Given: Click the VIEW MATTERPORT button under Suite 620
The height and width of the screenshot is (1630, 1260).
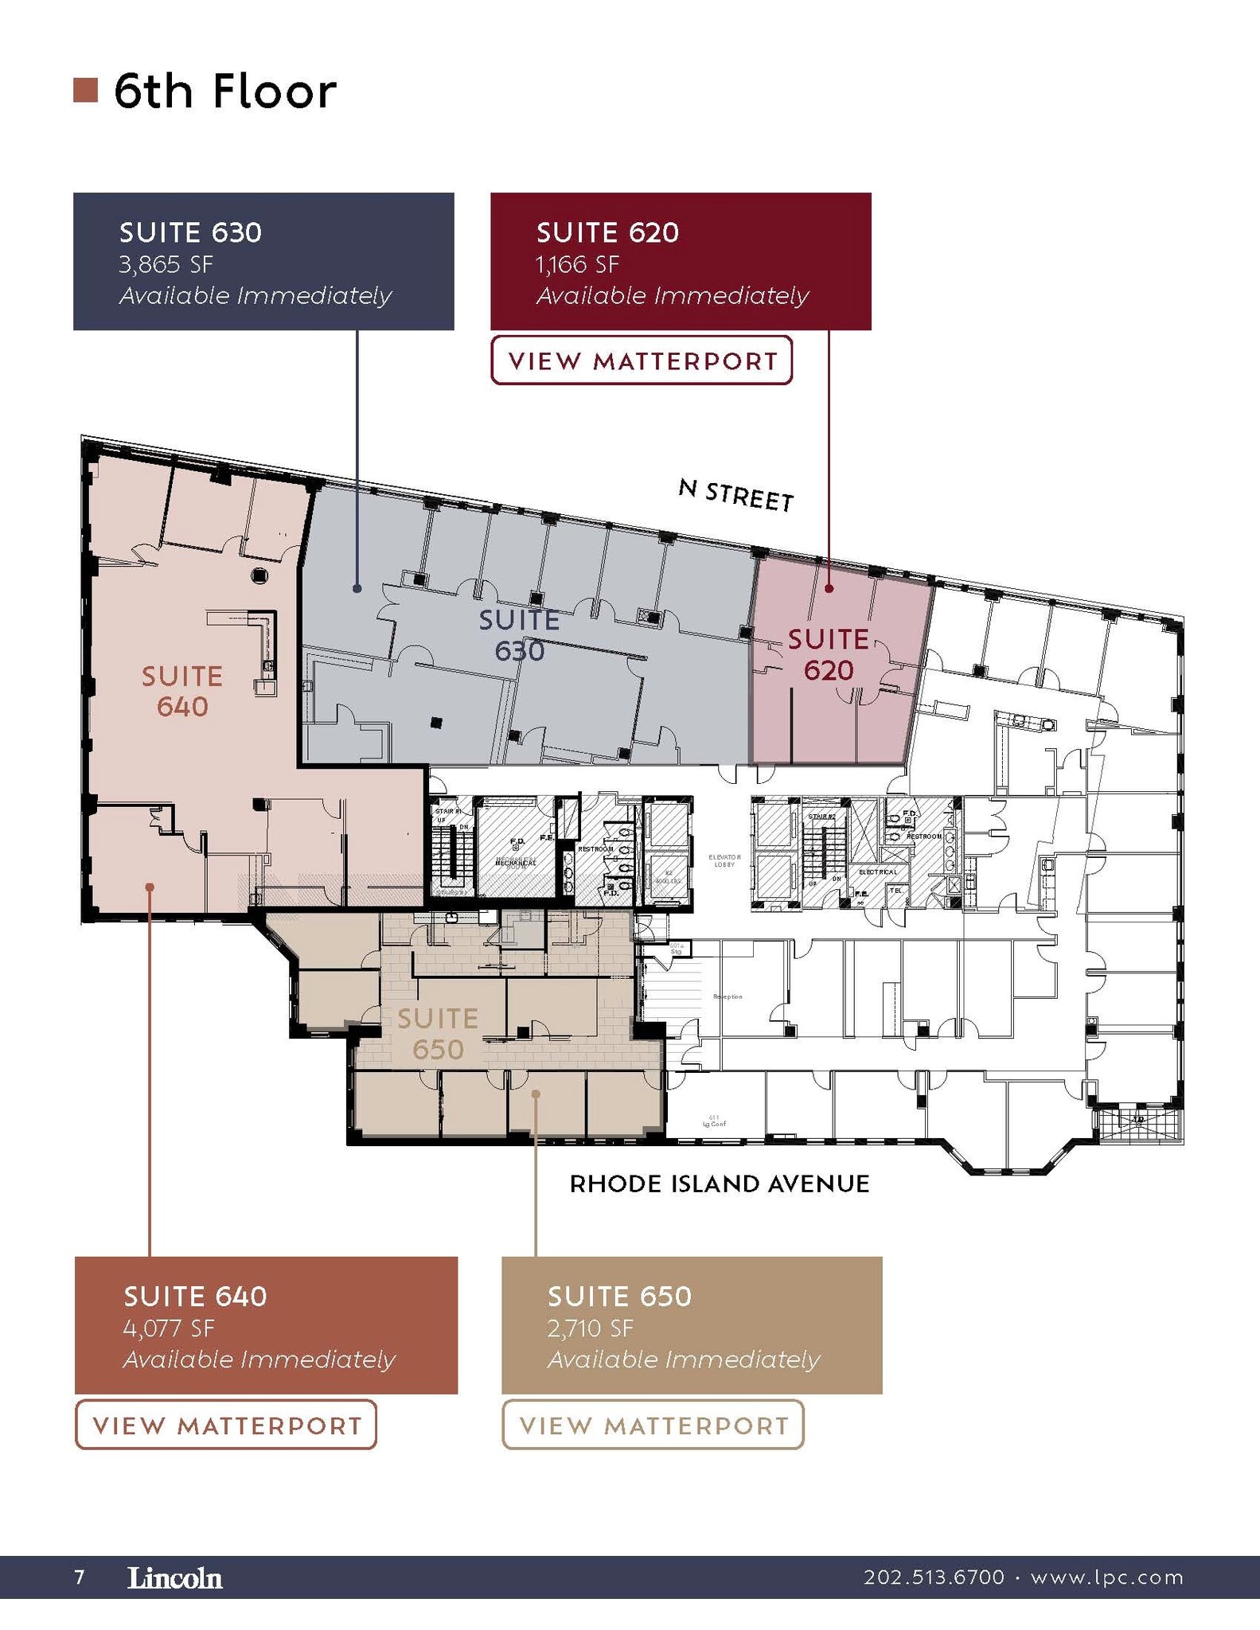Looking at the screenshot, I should coord(642,361).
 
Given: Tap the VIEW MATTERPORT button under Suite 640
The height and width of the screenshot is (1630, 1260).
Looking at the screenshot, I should coord(226,1425).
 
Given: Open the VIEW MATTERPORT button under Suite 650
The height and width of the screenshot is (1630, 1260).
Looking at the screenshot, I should coord(653,1425).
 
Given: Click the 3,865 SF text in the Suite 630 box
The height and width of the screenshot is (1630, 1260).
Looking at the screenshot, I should coord(166,264).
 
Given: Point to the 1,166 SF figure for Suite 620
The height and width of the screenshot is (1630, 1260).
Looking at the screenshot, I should coord(577,264).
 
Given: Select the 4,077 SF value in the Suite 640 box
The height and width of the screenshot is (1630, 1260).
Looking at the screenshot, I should coord(169,1328).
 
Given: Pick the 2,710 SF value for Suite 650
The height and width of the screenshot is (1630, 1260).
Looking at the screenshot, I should coord(590,1328).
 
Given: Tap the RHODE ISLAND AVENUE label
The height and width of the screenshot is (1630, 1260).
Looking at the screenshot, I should coord(720,1184).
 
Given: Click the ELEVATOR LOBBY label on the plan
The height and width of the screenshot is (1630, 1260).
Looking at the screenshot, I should coord(724,860).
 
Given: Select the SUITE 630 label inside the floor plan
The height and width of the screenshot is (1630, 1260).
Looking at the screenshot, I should coord(519,635).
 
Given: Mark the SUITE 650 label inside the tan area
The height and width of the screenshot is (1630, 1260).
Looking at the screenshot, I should coord(438,1033).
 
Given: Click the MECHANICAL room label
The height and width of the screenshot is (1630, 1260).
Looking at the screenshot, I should coord(516,862).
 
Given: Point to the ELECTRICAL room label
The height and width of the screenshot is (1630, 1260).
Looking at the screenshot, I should coord(877,872).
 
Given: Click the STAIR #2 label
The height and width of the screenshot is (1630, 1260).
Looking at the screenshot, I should coord(821,817).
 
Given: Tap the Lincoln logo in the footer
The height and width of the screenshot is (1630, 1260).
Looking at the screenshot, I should coord(175,1577).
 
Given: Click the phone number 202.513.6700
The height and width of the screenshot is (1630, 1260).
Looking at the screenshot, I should coord(934,1577).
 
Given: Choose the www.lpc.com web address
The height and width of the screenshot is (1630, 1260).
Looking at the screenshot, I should coord(1106,1577).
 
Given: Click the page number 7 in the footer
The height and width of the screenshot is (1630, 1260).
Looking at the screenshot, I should coord(79,1577).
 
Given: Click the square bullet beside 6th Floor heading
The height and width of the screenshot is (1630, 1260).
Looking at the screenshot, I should coord(85,91).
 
